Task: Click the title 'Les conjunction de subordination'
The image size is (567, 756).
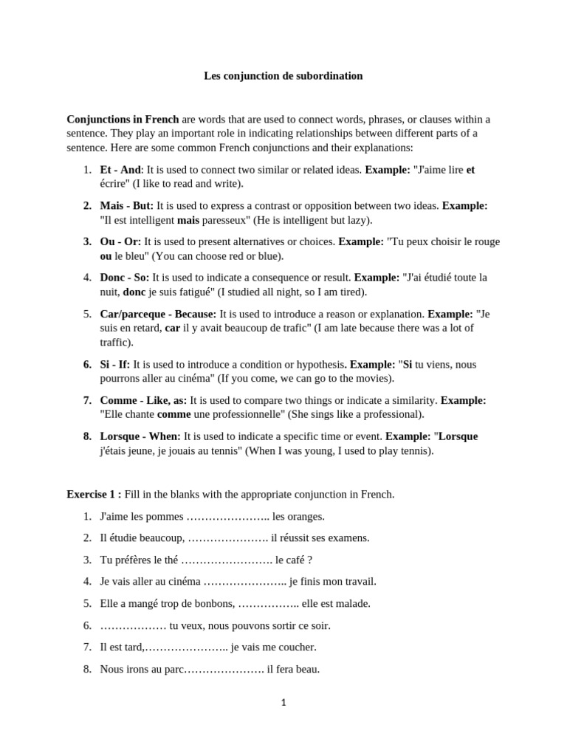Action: [283, 76]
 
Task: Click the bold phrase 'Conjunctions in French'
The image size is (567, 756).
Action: [123, 120]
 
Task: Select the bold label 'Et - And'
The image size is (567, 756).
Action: [120, 170]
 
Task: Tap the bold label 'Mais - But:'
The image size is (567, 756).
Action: [126, 206]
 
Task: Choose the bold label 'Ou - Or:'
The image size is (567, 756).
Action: [120, 241]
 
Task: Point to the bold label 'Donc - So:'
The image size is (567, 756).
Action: [125, 278]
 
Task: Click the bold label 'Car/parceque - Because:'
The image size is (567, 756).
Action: [158, 314]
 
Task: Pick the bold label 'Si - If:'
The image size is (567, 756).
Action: [115, 364]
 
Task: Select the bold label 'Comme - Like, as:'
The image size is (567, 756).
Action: [143, 400]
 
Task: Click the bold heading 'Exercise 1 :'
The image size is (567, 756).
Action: [94, 495]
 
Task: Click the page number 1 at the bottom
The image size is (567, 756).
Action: [283, 703]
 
